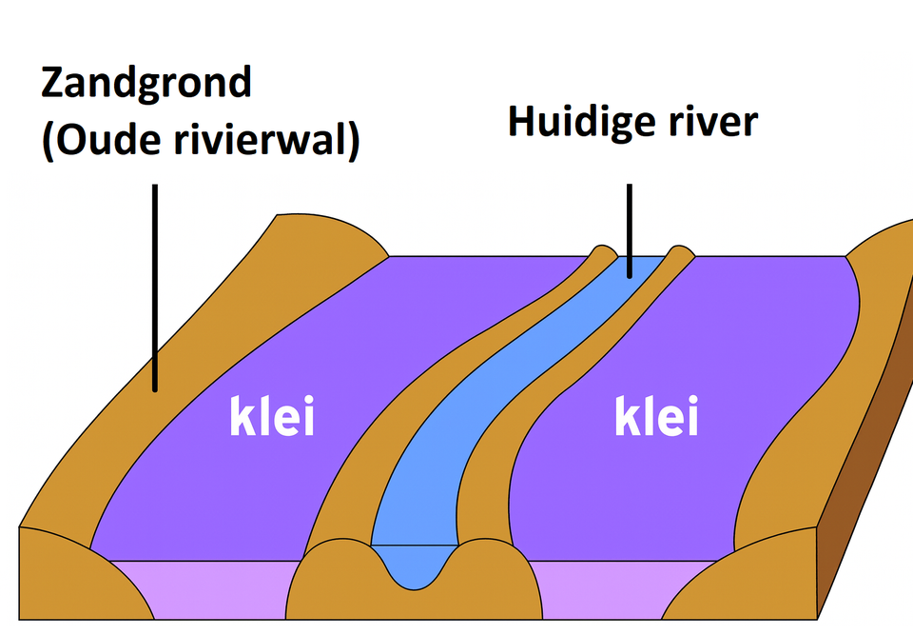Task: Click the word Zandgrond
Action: [x=146, y=84]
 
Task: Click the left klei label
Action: [x=272, y=417]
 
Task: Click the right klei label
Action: [x=656, y=417]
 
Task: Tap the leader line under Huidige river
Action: [x=629, y=228]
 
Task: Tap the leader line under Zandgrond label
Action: [x=154, y=286]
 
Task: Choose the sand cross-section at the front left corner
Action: [x=67, y=581]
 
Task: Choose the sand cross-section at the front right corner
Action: [x=751, y=585]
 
